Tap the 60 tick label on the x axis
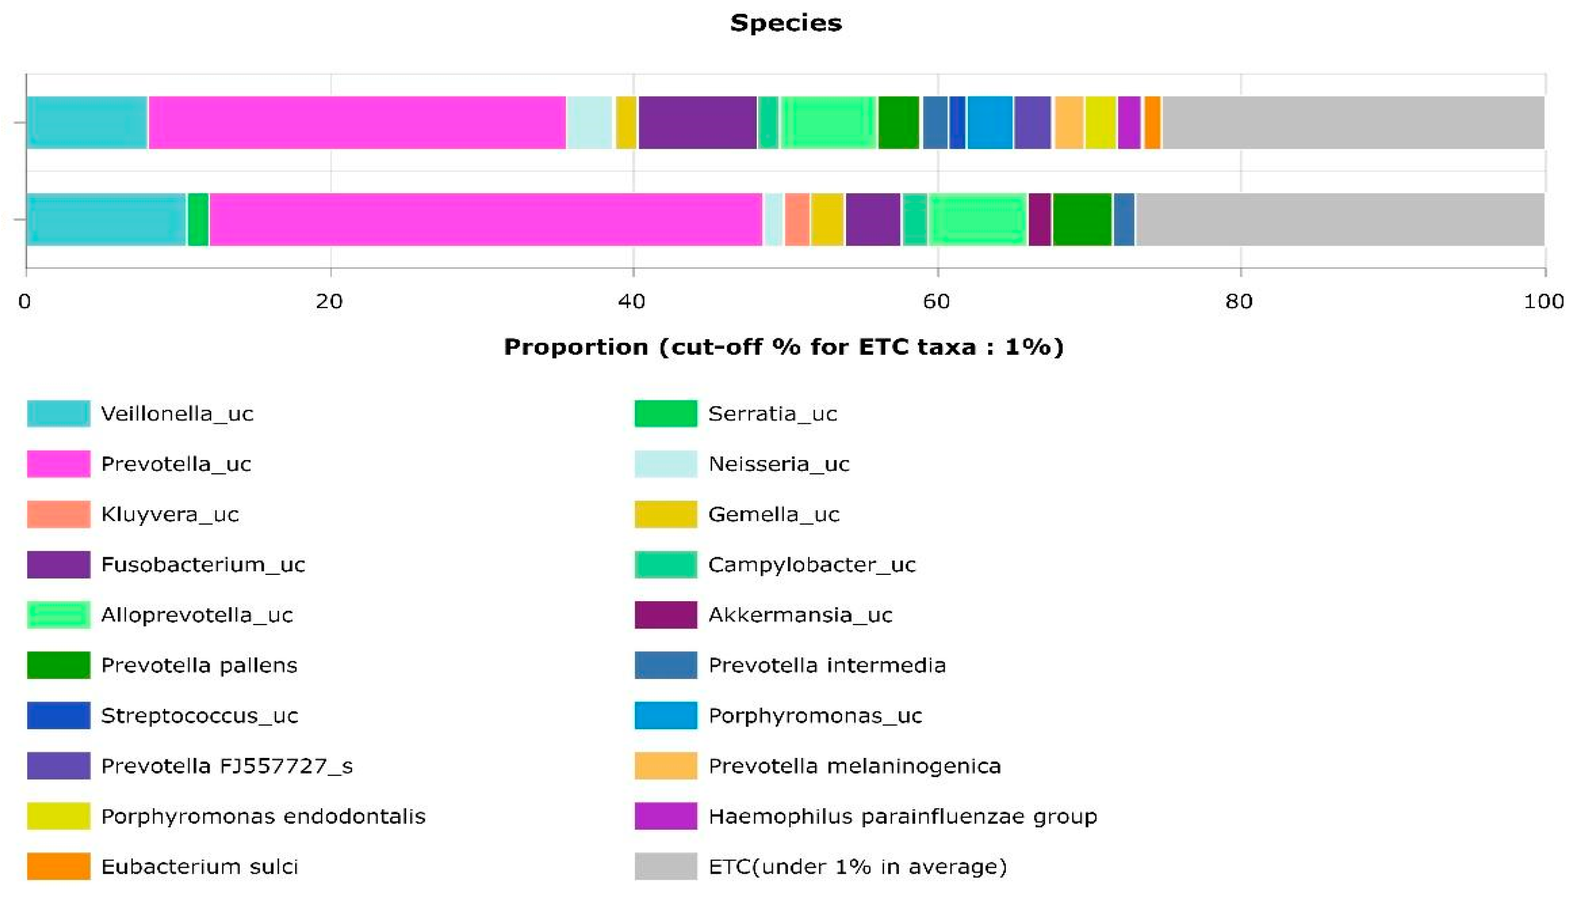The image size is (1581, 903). click(x=936, y=301)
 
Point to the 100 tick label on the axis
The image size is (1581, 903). click(x=1543, y=301)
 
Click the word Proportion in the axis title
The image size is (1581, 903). click(x=575, y=347)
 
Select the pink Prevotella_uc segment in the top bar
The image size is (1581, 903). click(x=356, y=122)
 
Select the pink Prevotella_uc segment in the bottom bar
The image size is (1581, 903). click(x=485, y=219)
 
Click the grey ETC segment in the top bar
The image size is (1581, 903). click(x=1352, y=122)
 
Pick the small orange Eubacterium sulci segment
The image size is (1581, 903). click(x=1152, y=122)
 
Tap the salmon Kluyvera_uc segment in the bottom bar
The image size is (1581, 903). click(x=797, y=219)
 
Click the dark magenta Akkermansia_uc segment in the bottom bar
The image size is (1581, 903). click(x=1040, y=219)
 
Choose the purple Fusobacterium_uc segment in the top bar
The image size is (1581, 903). click(x=697, y=122)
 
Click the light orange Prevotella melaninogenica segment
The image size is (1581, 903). click(x=1069, y=122)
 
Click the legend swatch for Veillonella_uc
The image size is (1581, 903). click(x=58, y=414)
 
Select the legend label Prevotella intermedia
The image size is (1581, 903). click(x=826, y=665)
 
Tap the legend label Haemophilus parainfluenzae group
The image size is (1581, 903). click(x=902, y=816)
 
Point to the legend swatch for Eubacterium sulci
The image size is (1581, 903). click(x=58, y=867)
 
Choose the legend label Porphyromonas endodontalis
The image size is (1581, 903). click(x=263, y=816)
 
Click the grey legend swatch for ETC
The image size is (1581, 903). click(x=665, y=867)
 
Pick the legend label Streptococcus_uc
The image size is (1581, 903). click(x=199, y=716)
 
